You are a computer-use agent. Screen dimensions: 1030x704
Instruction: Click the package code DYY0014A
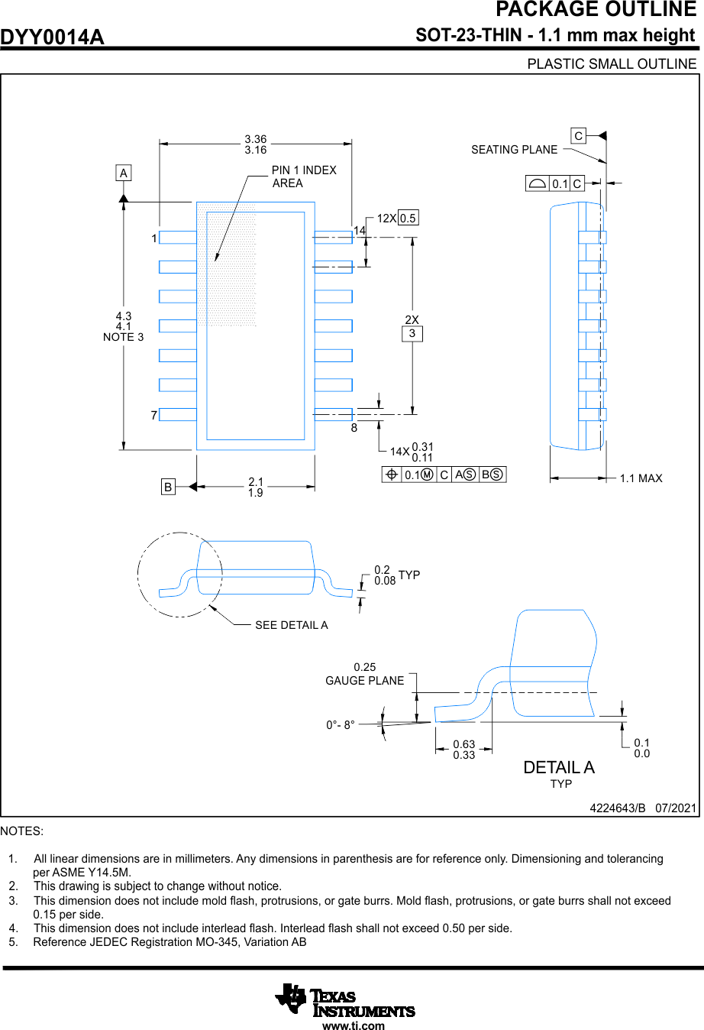[52, 37]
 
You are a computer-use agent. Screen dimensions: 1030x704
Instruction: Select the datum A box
[124, 173]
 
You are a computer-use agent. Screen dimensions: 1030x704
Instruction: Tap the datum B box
[168, 487]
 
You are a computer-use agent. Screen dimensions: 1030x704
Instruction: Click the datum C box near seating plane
[579, 136]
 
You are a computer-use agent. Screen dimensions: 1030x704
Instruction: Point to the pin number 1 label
[154, 238]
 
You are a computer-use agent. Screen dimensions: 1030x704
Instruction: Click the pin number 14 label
[360, 230]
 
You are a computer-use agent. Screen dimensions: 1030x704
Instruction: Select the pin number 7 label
[154, 415]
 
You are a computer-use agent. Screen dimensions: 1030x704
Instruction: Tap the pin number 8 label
[354, 428]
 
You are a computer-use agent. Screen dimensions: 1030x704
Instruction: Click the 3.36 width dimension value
[256, 139]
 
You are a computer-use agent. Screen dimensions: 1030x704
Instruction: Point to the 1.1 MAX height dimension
[641, 478]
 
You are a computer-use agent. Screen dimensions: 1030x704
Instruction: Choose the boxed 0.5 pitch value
[408, 219]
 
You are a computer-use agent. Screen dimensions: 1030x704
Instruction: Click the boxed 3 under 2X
[412, 333]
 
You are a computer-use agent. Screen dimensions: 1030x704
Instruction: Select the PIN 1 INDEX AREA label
[303, 177]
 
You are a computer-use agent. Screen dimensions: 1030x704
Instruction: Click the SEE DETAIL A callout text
[291, 625]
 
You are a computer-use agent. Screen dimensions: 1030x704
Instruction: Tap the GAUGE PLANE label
[364, 681]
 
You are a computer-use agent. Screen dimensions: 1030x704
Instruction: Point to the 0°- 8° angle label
[341, 725]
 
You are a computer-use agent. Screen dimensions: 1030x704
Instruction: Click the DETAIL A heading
[558, 767]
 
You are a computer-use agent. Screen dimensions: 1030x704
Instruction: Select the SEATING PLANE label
[514, 150]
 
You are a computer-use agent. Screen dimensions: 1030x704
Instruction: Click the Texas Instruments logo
[345, 1001]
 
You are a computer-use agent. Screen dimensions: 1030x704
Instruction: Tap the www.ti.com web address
[354, 1026]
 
